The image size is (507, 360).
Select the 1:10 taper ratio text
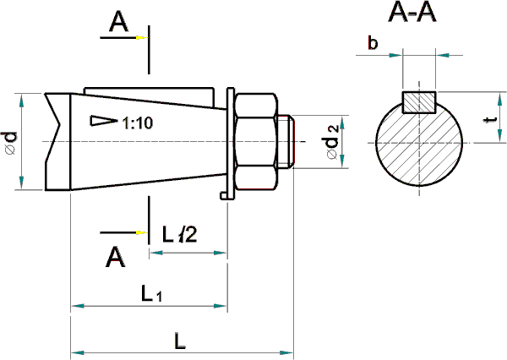click(137, 123)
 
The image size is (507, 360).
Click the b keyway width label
click(373, 44)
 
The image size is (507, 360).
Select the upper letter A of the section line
click(118, 25)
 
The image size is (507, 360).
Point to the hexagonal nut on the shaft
click(256, 142)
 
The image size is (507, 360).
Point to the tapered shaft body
click(144, 156)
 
